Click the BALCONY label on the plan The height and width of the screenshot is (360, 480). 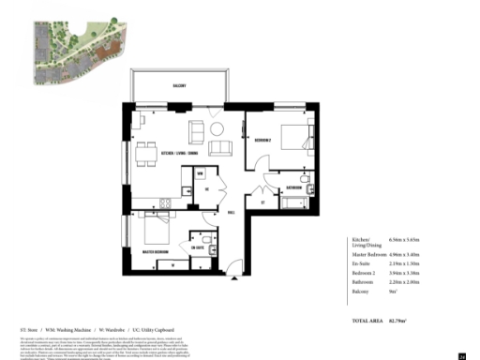coord(178,85)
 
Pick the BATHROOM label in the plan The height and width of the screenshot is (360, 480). coord(292,187)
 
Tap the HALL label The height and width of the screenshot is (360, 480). coord(231,212)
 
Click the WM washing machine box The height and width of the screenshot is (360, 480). coord(201,174)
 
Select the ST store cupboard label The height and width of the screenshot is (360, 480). coord(263,201)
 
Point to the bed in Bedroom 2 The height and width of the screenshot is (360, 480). coord(298,139)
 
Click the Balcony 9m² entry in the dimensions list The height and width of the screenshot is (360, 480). coord(375,292)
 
